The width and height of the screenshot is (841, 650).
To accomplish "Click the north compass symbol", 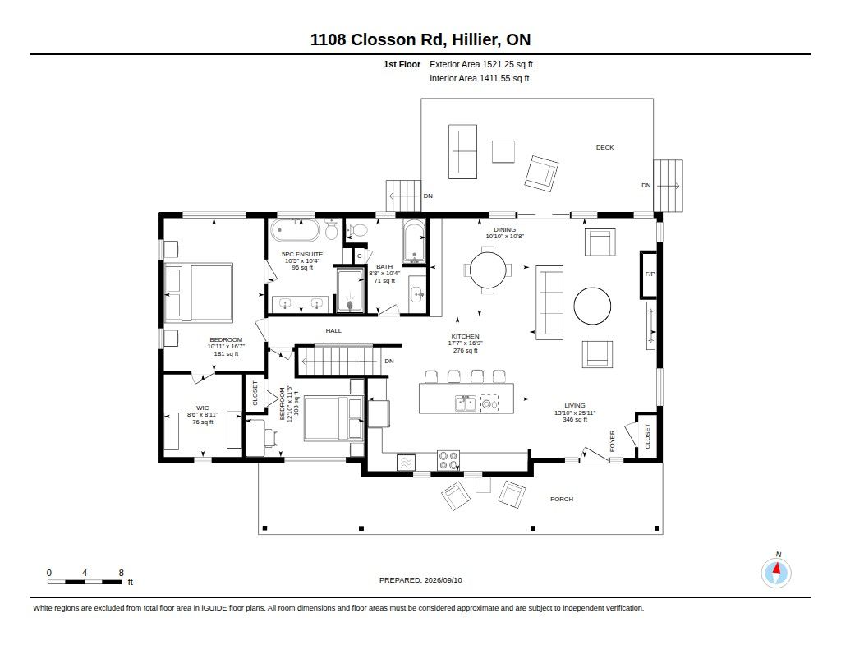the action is (x=776, y=573).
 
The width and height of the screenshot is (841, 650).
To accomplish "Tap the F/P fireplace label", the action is (x=650, y=274).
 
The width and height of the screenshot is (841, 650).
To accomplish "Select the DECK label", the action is (x=605, y=148).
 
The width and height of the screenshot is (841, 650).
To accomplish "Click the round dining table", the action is (x=488, y=270).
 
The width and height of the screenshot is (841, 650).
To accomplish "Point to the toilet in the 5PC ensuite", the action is (x=332, y=230).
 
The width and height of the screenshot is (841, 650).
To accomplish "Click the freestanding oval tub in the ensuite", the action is (x=295, y=230).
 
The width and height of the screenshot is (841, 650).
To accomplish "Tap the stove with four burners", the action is (x=448, y=460).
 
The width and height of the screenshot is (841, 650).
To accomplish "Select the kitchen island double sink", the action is (x=465, y=403).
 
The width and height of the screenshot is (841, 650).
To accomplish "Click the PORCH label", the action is (x=562, y=499).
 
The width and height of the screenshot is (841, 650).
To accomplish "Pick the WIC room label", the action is (x=202, y=408).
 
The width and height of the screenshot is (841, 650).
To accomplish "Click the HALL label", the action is (x=333, y=330).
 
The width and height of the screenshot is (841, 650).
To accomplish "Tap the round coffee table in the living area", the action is (x=592, y=306).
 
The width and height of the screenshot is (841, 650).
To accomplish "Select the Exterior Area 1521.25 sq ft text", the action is (x=481, y=64).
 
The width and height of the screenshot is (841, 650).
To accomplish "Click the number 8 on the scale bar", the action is (x=122, y=573).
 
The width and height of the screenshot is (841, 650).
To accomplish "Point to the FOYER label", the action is (x=613, y=440).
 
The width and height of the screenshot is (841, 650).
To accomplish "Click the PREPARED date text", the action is (x=420, y=580).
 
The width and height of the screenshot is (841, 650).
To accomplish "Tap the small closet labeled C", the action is (x=360, y=256).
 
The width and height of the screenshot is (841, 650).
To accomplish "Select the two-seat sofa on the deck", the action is (x=462, y=151).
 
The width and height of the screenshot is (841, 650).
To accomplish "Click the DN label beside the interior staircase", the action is (x=389, y=362).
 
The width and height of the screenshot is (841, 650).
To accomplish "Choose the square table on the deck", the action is (x=503, y=151).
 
